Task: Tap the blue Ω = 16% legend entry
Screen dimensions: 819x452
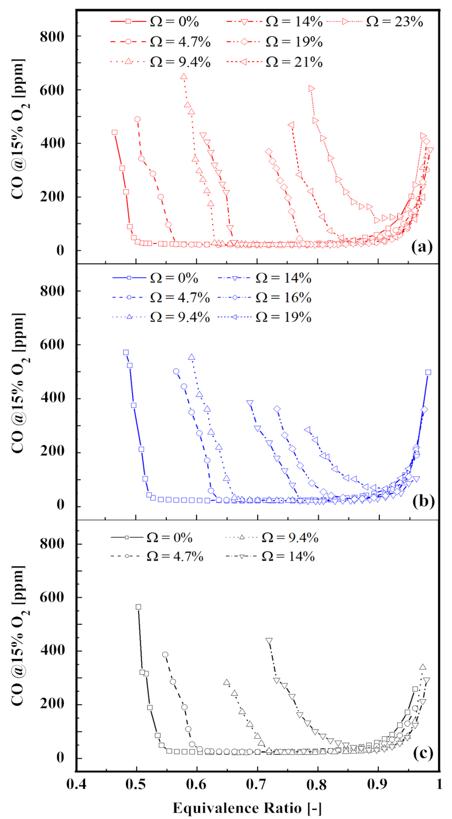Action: tap(265, 298)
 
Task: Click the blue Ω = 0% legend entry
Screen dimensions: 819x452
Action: tap(156, 278)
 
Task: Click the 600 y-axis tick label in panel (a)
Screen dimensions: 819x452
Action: tap(52, 90)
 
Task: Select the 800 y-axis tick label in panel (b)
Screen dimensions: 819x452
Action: tap(52, 291)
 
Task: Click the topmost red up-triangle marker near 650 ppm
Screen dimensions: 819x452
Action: tap(184, 77)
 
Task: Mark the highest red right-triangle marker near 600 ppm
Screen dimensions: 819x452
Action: tap(311, 89)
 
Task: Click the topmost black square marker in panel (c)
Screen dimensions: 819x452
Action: tap(138, 607)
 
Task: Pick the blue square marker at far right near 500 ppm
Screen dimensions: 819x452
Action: tap(428, 372)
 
